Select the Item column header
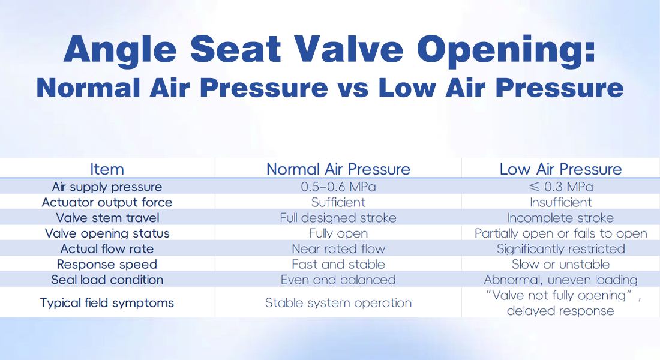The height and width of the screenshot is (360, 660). [x=107, y=169]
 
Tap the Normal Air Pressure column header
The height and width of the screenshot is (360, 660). [x=338, y=169]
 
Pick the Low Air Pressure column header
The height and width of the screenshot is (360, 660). [x=560, y=169]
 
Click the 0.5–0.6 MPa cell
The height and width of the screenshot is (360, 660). [x=338, y=187]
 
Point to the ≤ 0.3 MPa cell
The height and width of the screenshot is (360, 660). [x=560, y=187]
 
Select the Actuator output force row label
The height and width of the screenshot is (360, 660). [x=107, y=203]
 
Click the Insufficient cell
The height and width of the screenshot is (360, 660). [x=560, y=203]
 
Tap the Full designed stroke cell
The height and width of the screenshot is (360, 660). [x=338, y=218]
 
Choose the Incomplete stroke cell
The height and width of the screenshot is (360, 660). [x=560, y=218]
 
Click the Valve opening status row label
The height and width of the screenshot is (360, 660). [x=107, y=233]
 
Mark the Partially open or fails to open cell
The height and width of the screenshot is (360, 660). [x=560, y=233]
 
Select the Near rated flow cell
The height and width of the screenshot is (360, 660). [x=338, y=249]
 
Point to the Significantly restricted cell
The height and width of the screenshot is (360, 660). [x=560, y=249]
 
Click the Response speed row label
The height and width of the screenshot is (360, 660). [x=107, y=265]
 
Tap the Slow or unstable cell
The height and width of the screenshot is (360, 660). [x=560, y=265]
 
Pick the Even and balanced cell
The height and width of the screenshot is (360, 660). [x=338, y=280]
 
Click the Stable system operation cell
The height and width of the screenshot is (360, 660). [x=338, y=303]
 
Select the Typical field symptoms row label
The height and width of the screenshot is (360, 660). [x=107, y=303]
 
